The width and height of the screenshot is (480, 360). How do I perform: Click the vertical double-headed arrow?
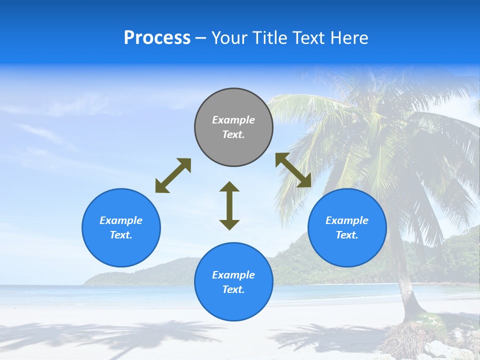click(229, 205)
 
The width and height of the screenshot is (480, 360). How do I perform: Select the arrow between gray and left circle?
click(173, 175)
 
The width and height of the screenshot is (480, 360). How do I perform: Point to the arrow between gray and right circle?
click(293, 170)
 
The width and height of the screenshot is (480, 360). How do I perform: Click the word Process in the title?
click(157, 37)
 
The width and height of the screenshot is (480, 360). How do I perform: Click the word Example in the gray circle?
click(233, 120)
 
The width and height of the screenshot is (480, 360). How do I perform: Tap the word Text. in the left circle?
click(121, 235)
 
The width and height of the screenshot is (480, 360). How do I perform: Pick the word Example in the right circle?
click(347, 220)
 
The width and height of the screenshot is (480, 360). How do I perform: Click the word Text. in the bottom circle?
click(233, 289)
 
